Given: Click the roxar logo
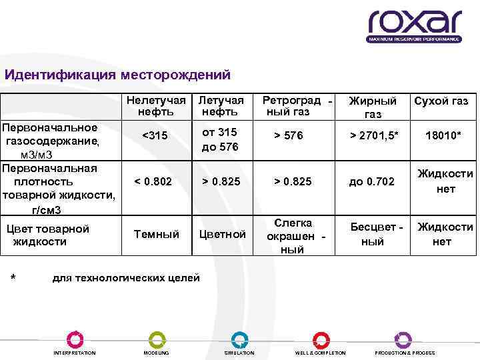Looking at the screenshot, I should [413, 25].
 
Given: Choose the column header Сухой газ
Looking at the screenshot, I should [441, 101].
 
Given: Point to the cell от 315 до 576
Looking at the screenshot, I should [219, 139].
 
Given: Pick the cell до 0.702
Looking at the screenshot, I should [371, 181].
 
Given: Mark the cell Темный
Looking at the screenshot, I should [157, 234].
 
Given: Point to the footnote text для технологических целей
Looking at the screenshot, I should [126, 277].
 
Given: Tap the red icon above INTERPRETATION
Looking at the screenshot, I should [75, 339].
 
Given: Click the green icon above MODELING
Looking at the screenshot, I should [156, 339].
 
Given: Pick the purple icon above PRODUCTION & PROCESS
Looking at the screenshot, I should [403, 339].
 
